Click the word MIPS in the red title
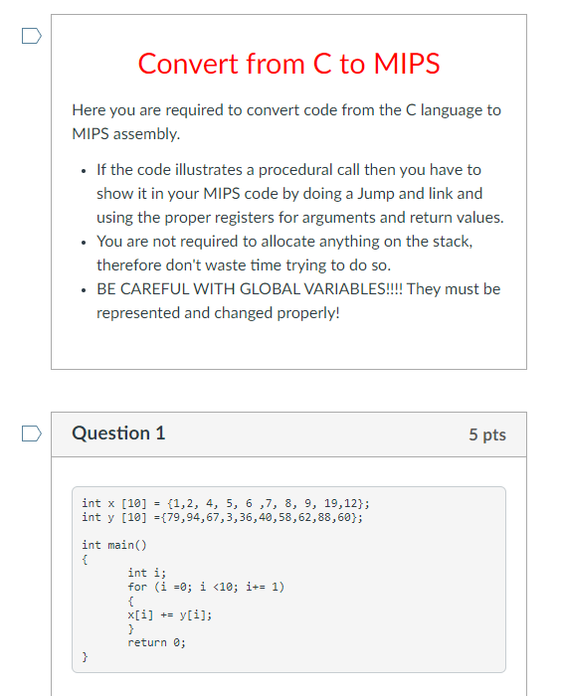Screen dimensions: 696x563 coord(406,64)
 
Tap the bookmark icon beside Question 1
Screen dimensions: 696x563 coord(32,434)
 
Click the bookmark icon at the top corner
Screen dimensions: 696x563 coord(32,37)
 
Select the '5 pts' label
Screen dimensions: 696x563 coord(486,435)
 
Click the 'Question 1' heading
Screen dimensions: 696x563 coord(118,434)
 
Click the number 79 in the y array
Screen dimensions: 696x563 coord(164,517)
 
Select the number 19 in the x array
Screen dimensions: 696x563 coord(329,503)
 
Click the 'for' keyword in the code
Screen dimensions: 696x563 coord(137,587)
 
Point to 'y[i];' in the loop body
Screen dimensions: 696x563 coord(195,614)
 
